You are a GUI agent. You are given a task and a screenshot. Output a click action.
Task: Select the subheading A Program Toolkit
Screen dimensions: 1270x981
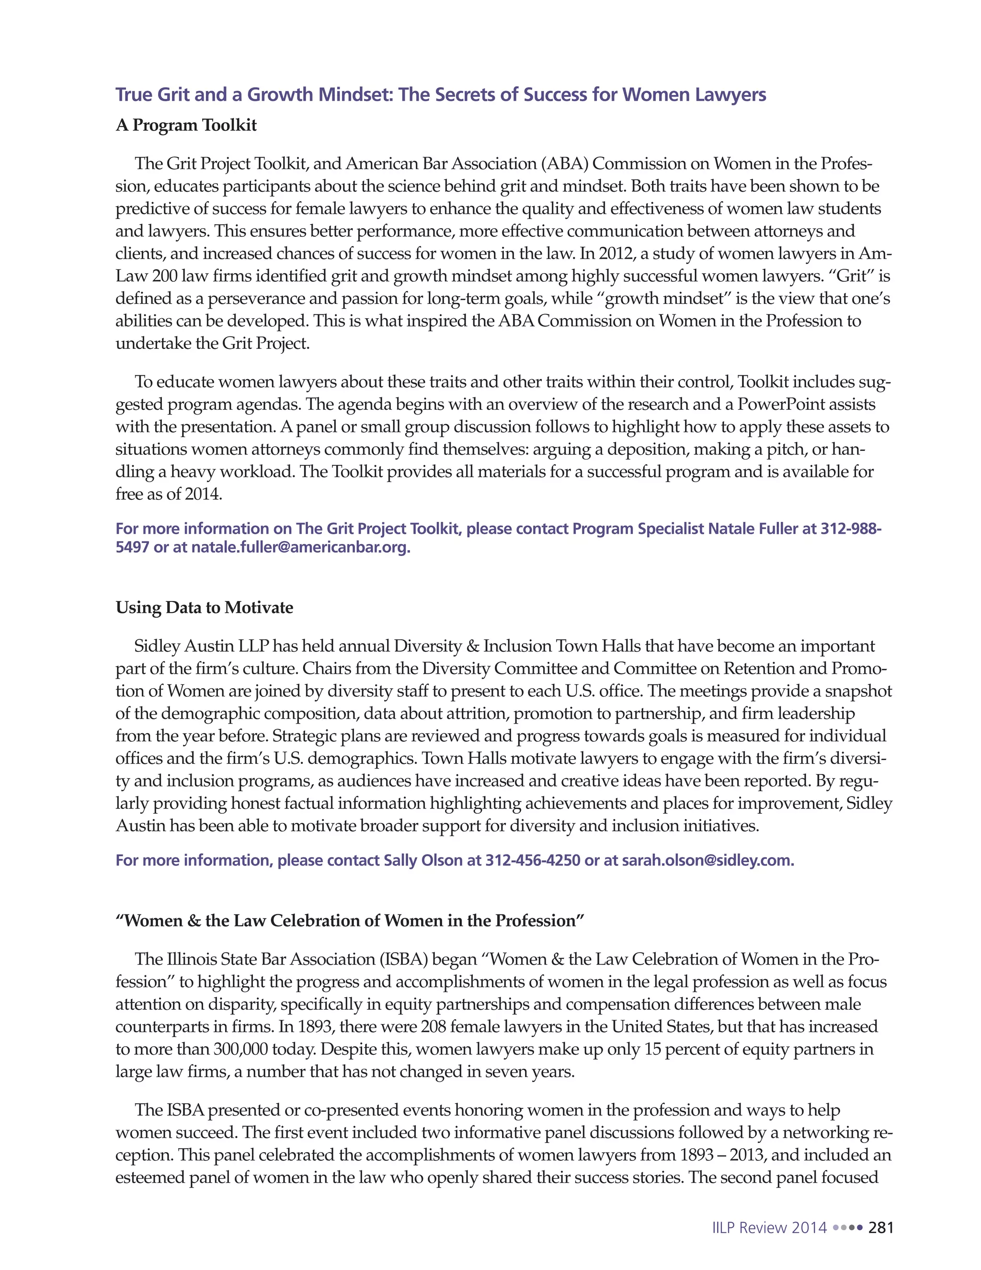(x=186, y=126)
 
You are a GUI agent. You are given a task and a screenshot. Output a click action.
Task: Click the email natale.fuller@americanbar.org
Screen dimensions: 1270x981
(x=300, y=547)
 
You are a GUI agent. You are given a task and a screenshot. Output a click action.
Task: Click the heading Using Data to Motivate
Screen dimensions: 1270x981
(x=204, y=608)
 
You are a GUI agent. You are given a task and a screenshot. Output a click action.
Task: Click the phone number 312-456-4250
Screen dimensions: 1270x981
(x=532, y=860)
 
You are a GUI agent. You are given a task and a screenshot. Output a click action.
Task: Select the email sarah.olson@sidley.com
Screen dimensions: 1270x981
(x=708, y=860)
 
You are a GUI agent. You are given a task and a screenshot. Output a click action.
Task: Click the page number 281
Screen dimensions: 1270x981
(x=880, y=1227)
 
